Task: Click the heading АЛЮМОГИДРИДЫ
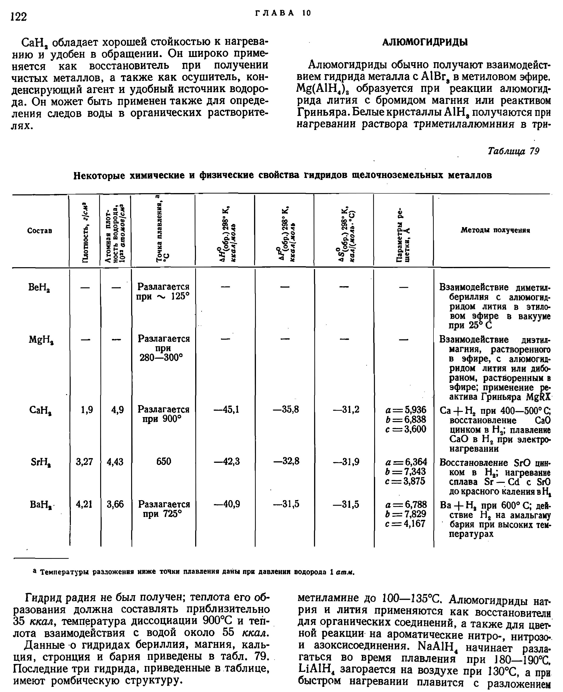coord(425,42)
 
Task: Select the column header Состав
coord(40,231)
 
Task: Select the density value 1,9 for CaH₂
coord(87,410)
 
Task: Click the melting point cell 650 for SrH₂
coord(164,461)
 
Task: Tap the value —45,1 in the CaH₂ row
coord(226,410)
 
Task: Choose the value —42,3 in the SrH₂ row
coord(227,461)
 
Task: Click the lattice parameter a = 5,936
coord(406,410)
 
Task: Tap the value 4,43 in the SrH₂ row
coord(115,461)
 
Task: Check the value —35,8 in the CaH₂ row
coord(286,410)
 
